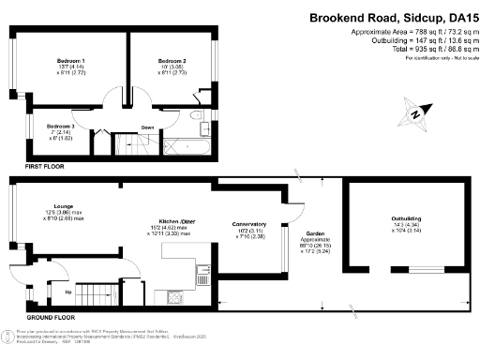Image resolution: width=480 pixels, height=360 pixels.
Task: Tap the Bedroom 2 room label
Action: pos(172,61)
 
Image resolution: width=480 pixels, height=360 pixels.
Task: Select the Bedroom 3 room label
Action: pos(60,126)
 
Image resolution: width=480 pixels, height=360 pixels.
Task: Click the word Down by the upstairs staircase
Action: pos(147,127)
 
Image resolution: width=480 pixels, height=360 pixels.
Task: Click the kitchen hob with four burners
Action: pos(175,298)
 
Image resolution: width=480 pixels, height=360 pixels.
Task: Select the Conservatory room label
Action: pos(249,225)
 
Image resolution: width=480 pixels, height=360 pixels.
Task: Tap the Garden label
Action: pos(312,236)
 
